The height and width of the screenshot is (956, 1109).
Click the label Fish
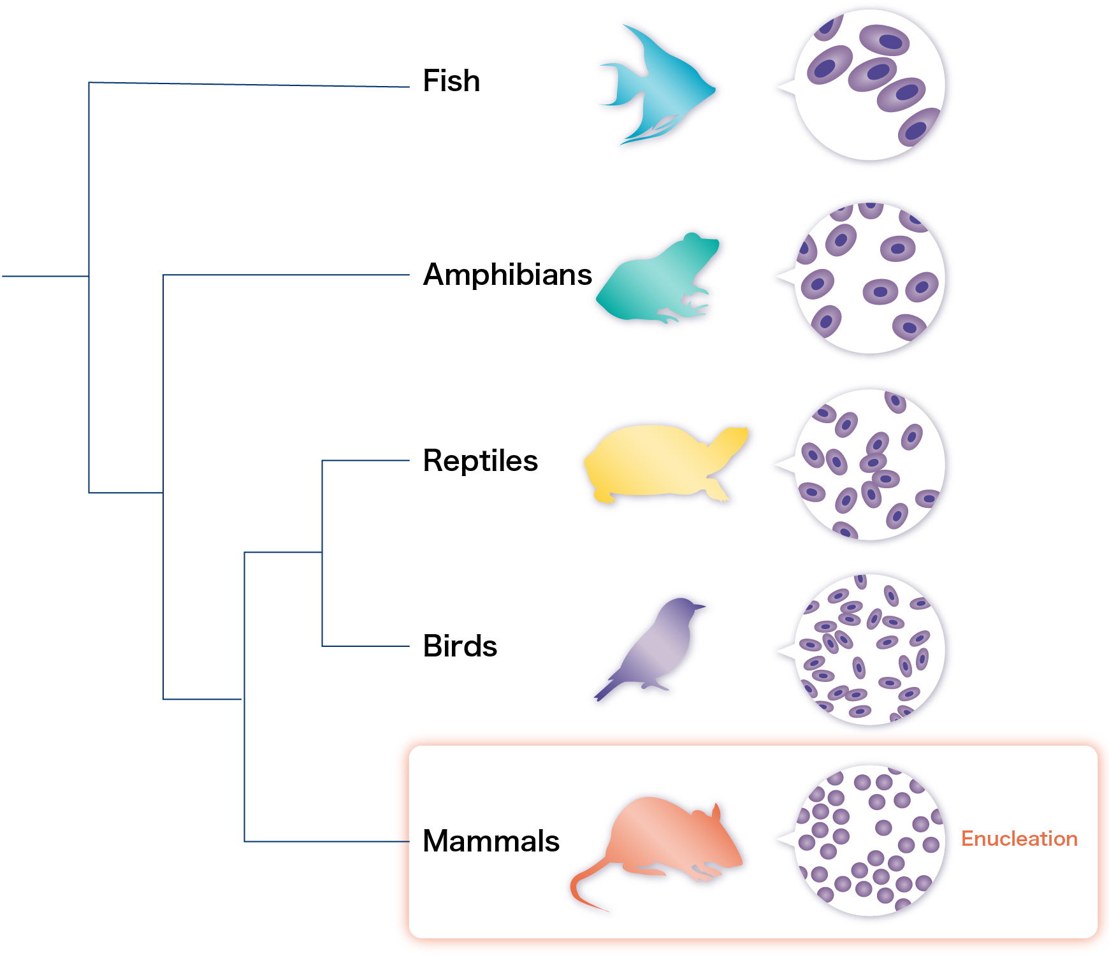coord(451,81)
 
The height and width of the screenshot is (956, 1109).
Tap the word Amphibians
coord(507,275)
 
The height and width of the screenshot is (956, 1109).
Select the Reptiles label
coord(480,460)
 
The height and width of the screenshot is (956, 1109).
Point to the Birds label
coord(460,646)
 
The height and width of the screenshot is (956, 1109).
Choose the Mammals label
coord(491,841)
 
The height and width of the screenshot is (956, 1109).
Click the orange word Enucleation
coord(1018,839)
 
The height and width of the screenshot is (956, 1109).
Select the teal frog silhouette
coord(656,280)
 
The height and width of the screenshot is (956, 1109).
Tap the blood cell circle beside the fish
coord(870,85)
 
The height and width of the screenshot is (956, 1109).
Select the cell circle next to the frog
coord(870,278)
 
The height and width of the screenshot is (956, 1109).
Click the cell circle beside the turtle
coord(870,465)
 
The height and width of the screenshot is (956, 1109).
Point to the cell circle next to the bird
coord(870,649)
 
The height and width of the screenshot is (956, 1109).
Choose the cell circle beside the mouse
coord(870,840)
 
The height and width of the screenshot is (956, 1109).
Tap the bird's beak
coord(700,606)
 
